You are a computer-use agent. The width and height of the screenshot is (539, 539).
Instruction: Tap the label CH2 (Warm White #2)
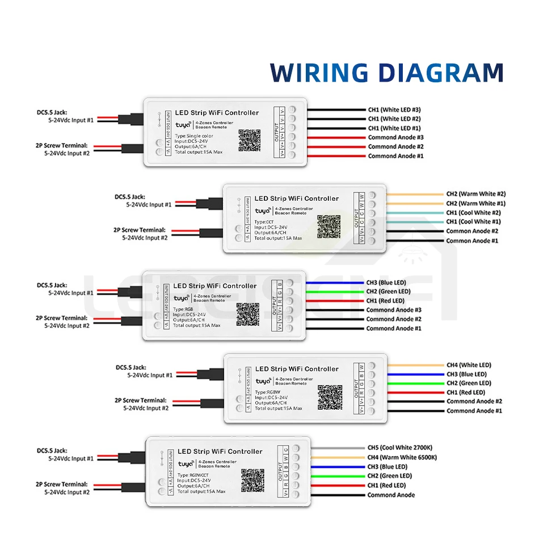click(475, 194)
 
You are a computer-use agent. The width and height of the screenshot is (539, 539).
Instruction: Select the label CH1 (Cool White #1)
click(473, 222)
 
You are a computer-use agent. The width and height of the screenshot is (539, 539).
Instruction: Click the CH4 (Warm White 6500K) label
click(402, 457)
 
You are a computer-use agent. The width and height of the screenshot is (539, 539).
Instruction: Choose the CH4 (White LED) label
click(469, 365)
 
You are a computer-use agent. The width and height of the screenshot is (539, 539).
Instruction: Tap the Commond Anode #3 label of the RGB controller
click(393, 310)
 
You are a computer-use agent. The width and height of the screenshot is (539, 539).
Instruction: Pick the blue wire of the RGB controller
click(335, 282)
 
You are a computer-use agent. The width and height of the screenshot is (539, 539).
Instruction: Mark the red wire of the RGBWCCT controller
click(338, 485)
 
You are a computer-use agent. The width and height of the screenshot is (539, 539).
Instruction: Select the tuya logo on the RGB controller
click(182, 298)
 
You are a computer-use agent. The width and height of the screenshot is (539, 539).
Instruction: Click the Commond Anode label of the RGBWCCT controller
click(391, 495)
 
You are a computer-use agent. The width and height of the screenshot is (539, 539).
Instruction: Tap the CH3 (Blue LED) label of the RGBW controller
click(466, 374)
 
